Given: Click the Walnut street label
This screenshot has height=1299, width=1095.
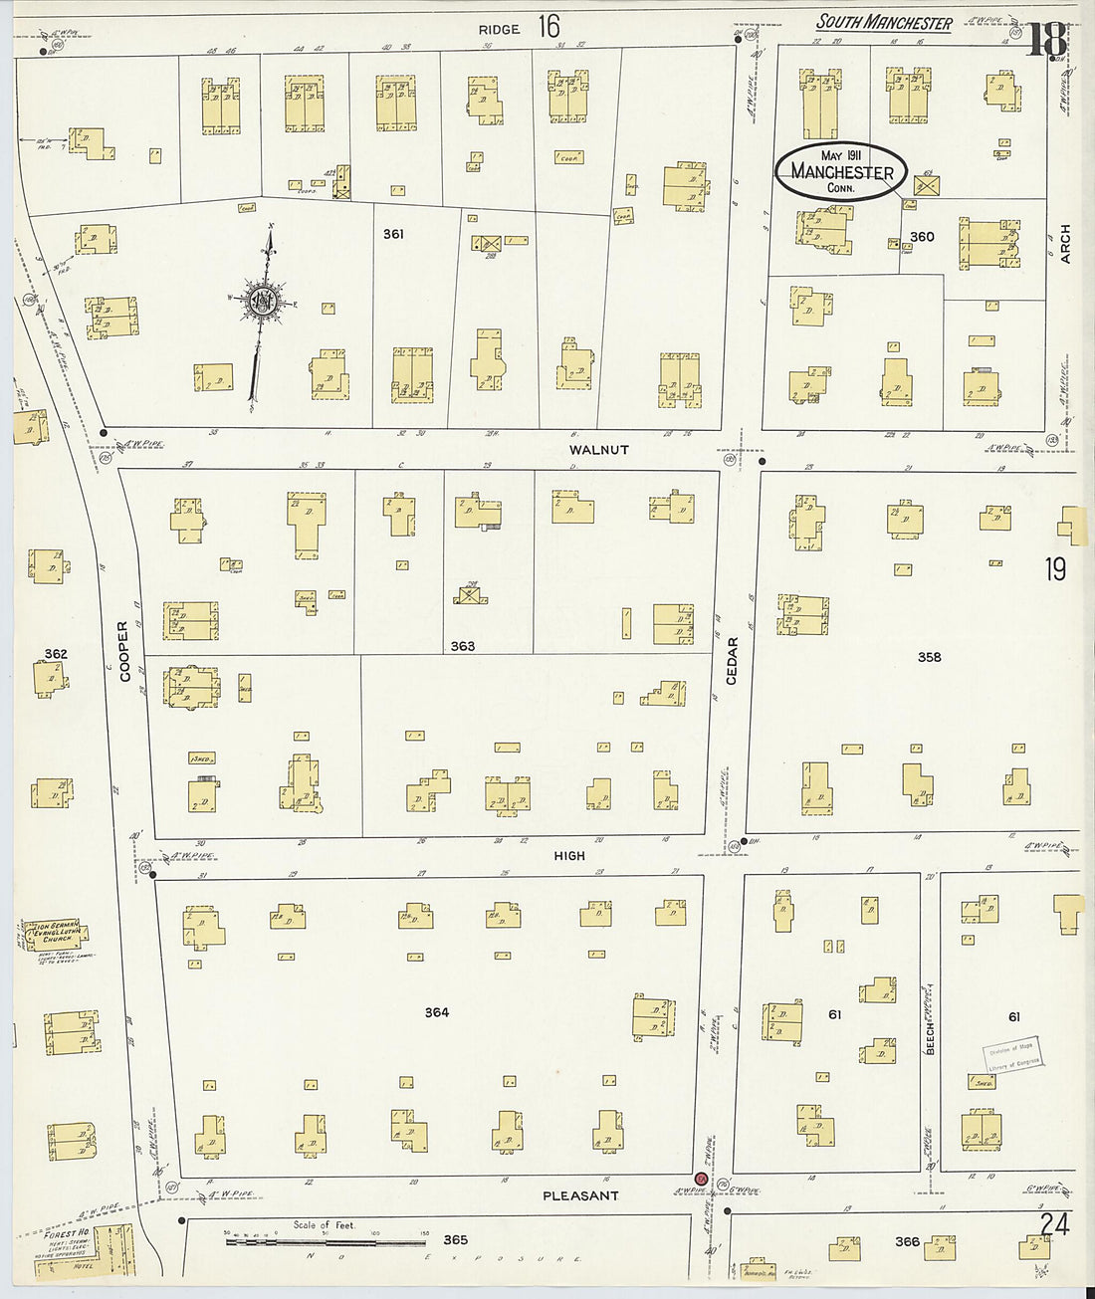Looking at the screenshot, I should coord(599,450).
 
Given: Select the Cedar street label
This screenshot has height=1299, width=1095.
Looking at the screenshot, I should coord(733,661).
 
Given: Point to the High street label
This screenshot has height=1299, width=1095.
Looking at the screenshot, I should coord(569,855).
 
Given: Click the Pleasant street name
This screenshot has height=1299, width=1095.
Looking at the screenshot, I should coord(580,1195).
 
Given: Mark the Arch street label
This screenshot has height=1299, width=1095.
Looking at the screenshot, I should coord(1065,244).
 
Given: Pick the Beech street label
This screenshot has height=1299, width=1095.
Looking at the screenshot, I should coord(931,1035).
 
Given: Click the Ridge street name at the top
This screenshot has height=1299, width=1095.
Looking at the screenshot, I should coord(499,29).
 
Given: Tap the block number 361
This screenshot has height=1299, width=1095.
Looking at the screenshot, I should coord(393,234).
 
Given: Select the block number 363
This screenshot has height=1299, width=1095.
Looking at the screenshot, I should coord(462,646).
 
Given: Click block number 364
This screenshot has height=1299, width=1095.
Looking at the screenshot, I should coord(436,1012).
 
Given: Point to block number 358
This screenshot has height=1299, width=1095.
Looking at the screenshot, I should coord(929,657).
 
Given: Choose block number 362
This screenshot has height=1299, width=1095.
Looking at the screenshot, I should coord(56,654).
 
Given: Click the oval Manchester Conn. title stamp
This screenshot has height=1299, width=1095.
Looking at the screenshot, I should coord(841,171).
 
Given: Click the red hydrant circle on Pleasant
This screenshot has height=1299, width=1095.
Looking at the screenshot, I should coord(701,1179).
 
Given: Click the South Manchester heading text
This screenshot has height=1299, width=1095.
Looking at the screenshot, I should coord(884,22).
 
